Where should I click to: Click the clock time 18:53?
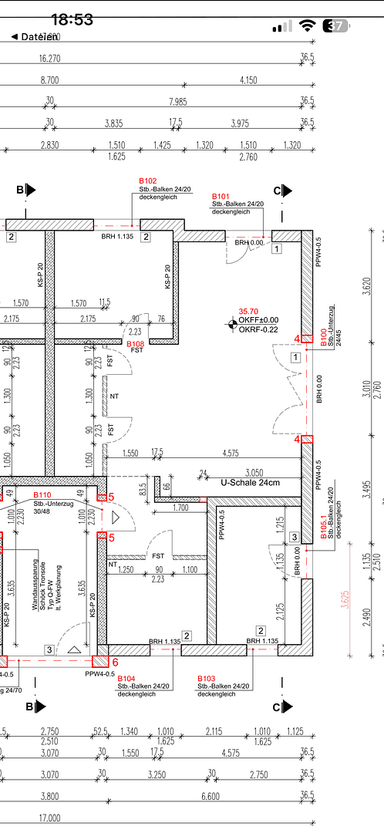(72, 20)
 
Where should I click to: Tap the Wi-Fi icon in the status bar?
(308, 25)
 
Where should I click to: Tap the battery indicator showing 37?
(335, 25)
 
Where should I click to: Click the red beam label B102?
(147, 181)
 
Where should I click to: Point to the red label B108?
(135, 344)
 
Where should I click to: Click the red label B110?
(42, 494)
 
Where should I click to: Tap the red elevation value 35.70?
(248, 311)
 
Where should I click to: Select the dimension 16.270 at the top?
(49, 58)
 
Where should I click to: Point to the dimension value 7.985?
(177, 101)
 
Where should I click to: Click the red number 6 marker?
(115, 661)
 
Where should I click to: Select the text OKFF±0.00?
(258, 320)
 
